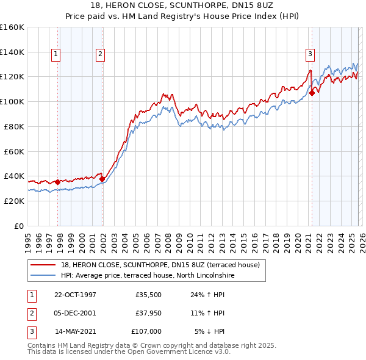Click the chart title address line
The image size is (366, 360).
[182, 5]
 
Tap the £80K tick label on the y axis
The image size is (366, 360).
[12, 126]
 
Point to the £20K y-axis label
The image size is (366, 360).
[12, 201]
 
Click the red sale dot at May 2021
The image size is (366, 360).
[312, 93]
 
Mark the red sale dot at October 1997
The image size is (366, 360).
[58, 181]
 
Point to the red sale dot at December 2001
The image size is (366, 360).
[102, 179]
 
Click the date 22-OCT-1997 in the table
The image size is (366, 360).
[75, 294]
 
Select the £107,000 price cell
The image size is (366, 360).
[146, 331]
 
